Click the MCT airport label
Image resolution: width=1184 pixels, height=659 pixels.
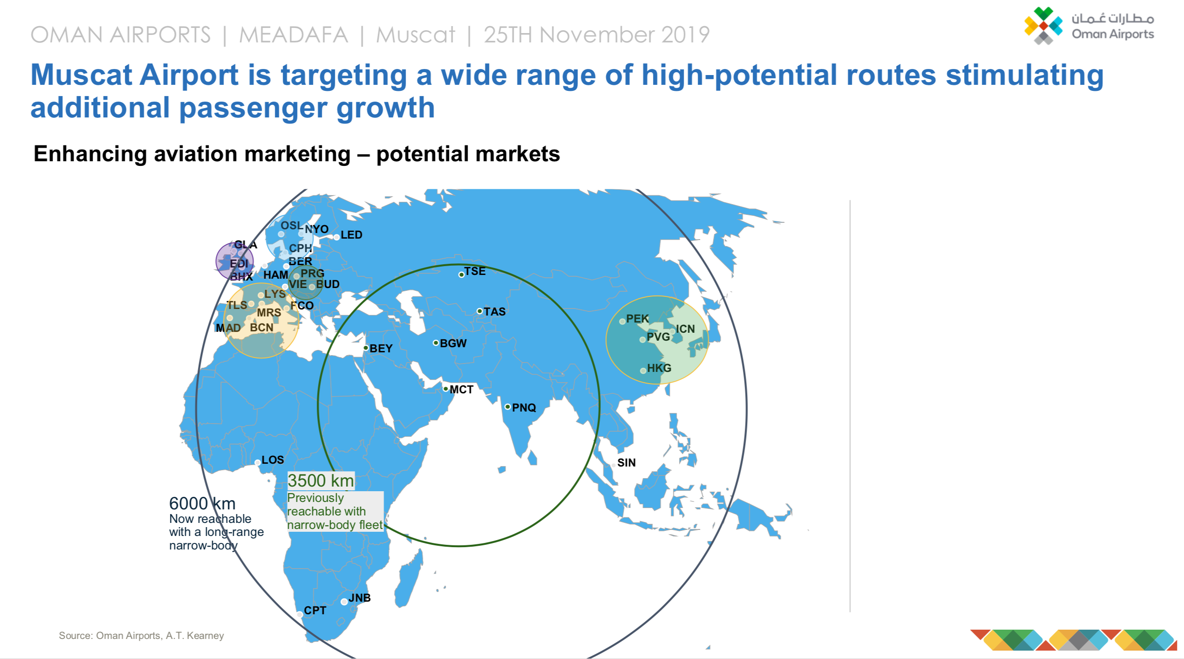[x=461, y=390]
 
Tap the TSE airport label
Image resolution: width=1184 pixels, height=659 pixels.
[x=475, y=271]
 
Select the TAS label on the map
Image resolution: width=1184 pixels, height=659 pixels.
[x=494, y=312]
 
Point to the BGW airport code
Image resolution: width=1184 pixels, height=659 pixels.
[x=453, y=343]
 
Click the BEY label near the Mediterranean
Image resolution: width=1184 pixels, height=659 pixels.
[x=381, y=349]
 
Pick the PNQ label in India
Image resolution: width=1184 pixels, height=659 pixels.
[x=524, y=408]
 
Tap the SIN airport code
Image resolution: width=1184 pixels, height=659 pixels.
[x=626, y=463]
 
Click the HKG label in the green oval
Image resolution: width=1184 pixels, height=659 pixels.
[x=659, y=368]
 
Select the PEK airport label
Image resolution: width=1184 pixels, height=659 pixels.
[x=637, y=319]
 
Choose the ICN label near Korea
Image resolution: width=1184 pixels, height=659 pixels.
[x=685, y=329]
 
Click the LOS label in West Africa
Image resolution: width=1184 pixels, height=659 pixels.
[x=272, y=460]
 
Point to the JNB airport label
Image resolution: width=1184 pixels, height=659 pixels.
[x=360, y=598]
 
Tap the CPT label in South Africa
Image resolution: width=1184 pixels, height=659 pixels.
[x=315, y=611]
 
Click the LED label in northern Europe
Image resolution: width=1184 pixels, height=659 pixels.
[x=351, y=235]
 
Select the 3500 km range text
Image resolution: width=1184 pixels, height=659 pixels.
[x=320, y=481]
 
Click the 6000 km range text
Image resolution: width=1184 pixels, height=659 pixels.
[x=202, y=504]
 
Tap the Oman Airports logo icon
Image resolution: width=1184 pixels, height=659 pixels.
[x=1043, y=26]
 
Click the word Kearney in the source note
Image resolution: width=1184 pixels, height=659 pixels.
[x=205, y=636]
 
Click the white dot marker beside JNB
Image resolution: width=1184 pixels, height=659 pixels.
[x=344, y=602]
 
